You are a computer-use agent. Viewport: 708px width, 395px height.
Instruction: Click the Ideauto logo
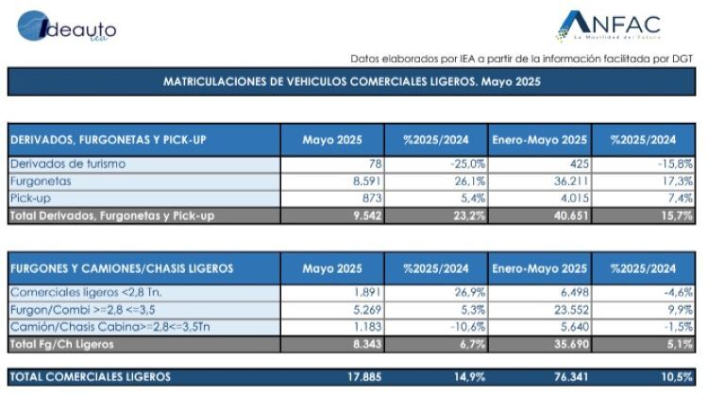(x=67, y=26)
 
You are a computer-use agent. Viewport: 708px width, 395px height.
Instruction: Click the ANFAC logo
(x=609, y=26)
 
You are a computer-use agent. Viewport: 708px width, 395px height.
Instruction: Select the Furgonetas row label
(x=41, y=181)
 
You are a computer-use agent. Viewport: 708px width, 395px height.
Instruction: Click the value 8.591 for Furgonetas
(x=367, y=181)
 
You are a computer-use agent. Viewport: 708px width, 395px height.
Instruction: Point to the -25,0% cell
(x=468, y=163)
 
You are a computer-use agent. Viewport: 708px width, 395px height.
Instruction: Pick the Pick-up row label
(x=30, y=198)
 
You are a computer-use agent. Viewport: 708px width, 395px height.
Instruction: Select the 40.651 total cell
(x=571, y=215)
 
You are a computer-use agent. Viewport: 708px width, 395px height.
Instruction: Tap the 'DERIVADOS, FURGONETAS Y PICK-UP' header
(x=108, y=140)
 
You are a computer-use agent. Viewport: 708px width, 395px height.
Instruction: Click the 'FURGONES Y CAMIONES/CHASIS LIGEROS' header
(x=122, y=268)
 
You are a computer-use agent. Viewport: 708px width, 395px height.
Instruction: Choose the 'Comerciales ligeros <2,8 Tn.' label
(x=86, y=292)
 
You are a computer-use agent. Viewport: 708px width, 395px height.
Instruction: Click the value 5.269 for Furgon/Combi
(x=367, y=310)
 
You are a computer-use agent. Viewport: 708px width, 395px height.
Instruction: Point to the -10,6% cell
(x=468, y=327)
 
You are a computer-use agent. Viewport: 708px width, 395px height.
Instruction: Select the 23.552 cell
(x=571, y=310)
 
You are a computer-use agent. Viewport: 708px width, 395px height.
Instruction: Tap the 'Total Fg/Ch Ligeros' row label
(x=61, y=344)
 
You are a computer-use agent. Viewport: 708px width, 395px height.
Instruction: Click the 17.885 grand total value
(x=364, y=376)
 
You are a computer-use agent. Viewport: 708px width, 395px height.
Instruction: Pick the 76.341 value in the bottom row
(x=571, y=376)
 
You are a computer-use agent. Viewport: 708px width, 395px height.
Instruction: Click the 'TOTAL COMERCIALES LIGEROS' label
(x=91, y=376)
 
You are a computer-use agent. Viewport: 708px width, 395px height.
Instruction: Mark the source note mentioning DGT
(x=521, y=59)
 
